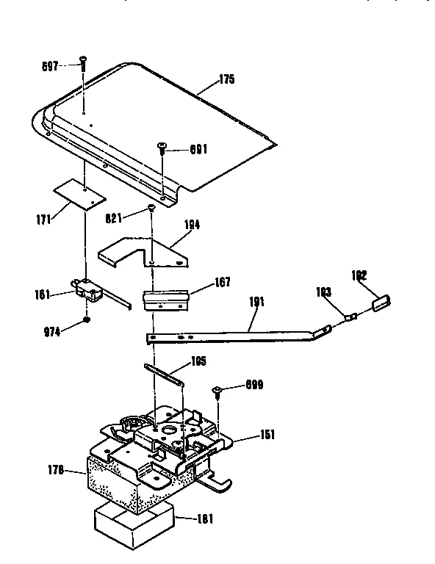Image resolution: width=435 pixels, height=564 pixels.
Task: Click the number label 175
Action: tap(226, 80)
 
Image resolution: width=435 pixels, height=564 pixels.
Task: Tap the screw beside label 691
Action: tap(161, 148)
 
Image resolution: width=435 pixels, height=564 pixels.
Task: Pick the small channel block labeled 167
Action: tap(166, 299)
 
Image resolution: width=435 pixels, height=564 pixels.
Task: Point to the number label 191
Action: tap(257, 303)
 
